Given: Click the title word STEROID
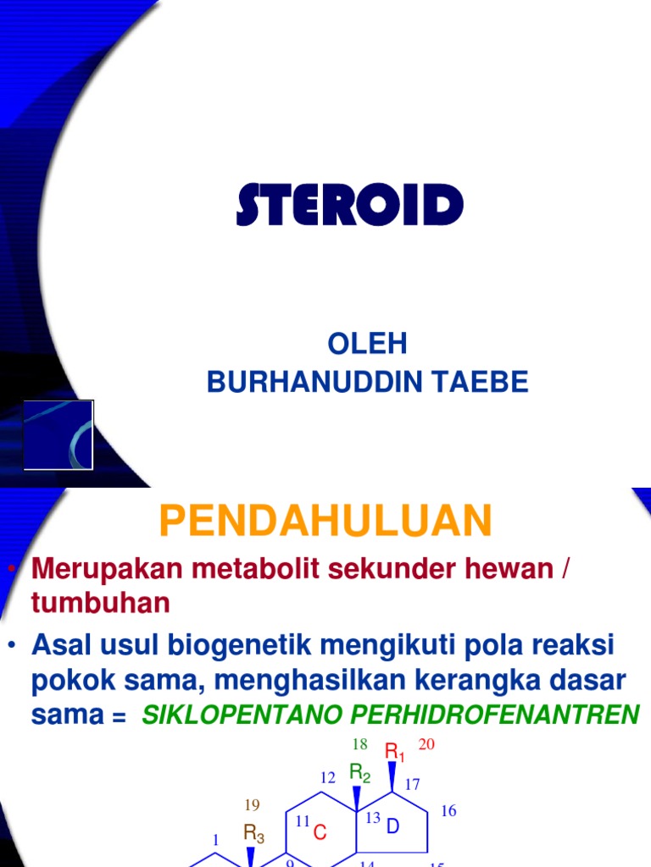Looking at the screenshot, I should point(350,206).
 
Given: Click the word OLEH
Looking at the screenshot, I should point(367,344).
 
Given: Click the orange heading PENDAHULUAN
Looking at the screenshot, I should point(325,520).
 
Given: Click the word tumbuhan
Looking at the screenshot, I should point(101,603).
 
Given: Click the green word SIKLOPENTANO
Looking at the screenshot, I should point(245,715).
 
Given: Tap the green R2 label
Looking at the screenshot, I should point(361,772).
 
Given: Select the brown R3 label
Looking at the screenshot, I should point(254,834).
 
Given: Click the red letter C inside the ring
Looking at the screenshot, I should point(320,833).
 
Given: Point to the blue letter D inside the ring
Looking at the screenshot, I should point(392,827).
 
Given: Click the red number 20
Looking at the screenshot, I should point(426,744).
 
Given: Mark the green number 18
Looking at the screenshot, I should point(359,744).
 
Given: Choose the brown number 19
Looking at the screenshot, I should point(253,804).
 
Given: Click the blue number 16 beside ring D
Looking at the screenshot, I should point(448,811).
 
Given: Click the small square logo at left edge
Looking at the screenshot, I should point(58,434).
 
